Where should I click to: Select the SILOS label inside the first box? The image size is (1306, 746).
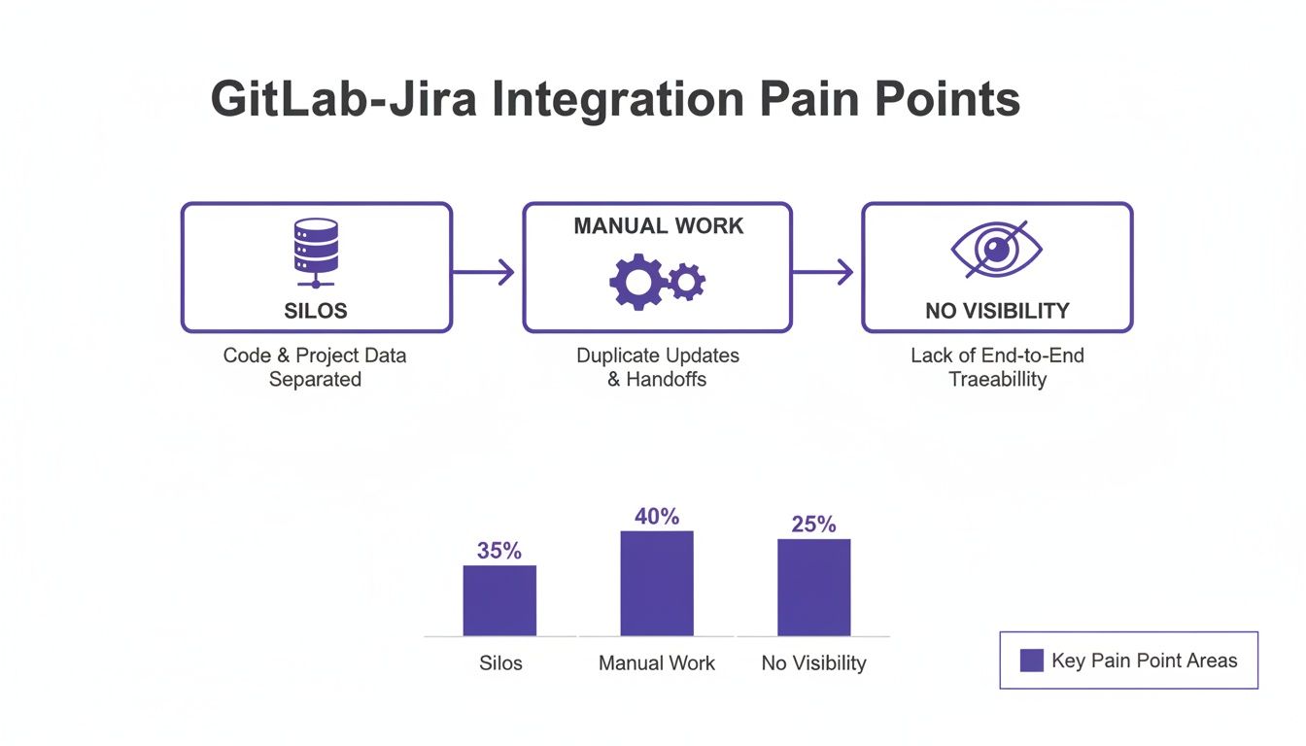pos(316,311)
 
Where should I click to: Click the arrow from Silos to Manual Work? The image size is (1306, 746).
pos(484,273)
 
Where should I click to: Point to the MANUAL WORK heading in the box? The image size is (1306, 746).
pos(658,226)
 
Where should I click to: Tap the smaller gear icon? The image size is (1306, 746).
pos(687,282)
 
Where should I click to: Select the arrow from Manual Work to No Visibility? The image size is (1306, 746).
pos(824,273)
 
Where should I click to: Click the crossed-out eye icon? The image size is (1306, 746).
pos(996,249)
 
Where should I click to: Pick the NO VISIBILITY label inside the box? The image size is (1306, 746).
pos(997,311)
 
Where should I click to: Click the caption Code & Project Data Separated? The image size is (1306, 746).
pos(315,367)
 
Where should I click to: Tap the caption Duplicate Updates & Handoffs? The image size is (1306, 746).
pos(658,367)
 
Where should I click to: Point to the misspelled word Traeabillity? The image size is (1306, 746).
pos(997,379)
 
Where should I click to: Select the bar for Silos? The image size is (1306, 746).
pos(499,600)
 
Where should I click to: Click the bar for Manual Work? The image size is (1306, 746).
pos(657,583)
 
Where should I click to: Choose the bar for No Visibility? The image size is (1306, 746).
pos(813,587)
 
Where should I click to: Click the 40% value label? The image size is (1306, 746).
pos(657,517)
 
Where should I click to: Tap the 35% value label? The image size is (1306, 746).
pos(499,551)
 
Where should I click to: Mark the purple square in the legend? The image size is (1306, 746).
pos(1031,661)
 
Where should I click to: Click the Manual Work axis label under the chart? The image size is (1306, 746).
pos(657,663)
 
